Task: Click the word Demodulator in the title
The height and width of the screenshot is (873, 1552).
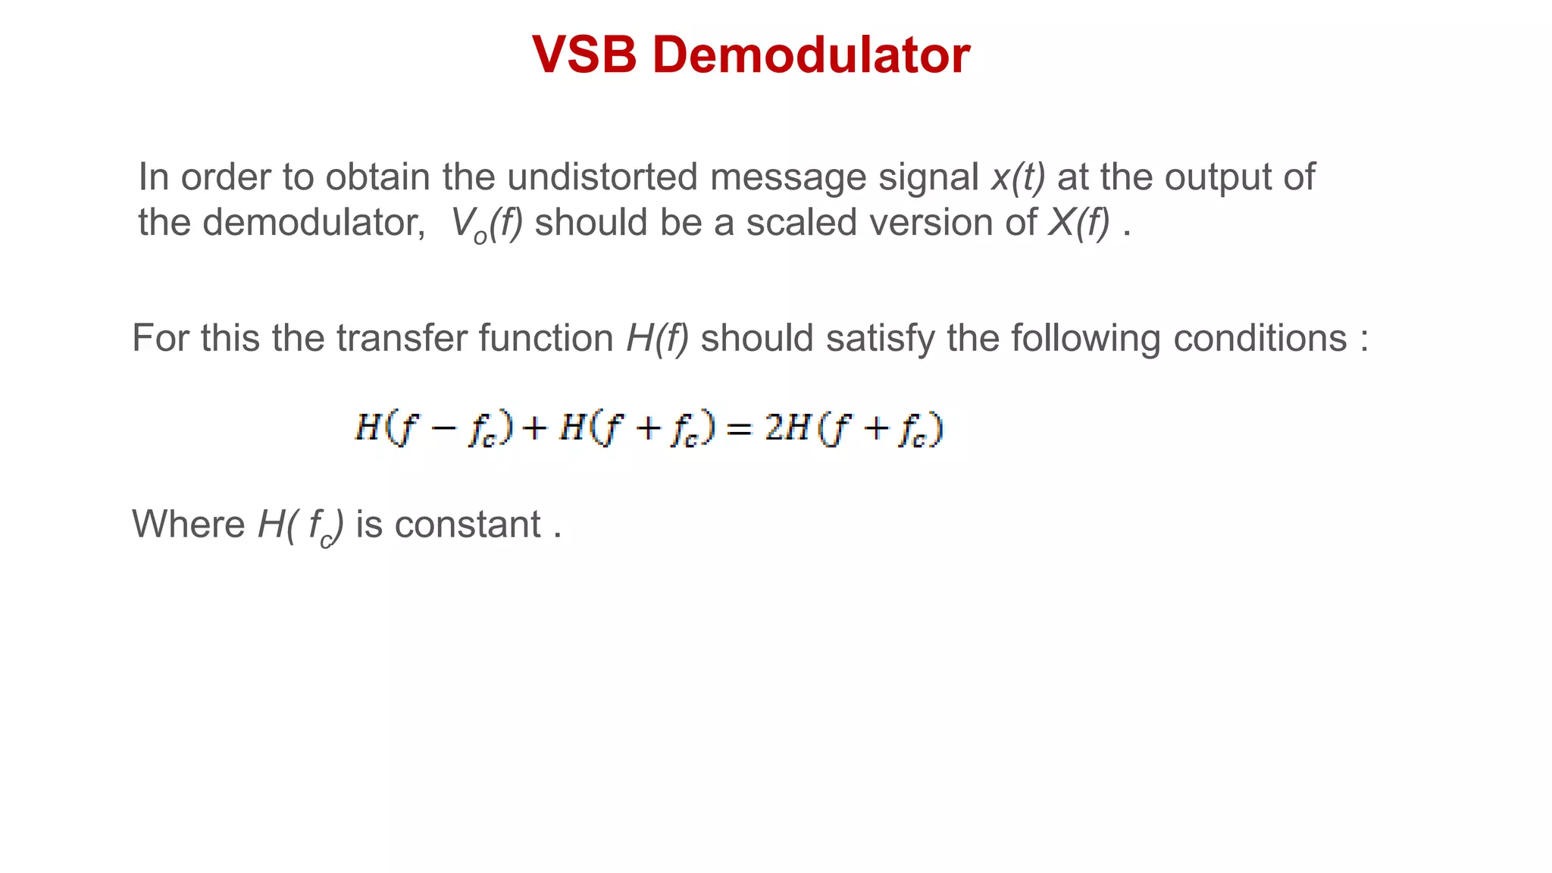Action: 811,55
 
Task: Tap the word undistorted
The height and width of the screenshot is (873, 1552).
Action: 602,177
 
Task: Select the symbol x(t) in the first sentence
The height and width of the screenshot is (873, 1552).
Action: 1018,177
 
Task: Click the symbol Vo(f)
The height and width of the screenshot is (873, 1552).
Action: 486,224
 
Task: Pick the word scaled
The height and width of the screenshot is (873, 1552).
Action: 801,223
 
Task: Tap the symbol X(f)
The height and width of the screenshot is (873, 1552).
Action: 1078,223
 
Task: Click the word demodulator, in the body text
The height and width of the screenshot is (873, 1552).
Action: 314,223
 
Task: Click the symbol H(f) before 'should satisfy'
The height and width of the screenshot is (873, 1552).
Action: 657,338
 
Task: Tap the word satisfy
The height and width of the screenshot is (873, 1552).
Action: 881,338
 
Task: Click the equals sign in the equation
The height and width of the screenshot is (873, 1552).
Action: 739,430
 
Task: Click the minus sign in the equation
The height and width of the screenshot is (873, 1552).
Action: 443,430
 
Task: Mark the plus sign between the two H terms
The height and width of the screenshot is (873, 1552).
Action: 535,430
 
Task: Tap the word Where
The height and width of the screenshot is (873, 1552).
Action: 188,524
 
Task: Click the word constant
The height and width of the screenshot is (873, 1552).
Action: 468,524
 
